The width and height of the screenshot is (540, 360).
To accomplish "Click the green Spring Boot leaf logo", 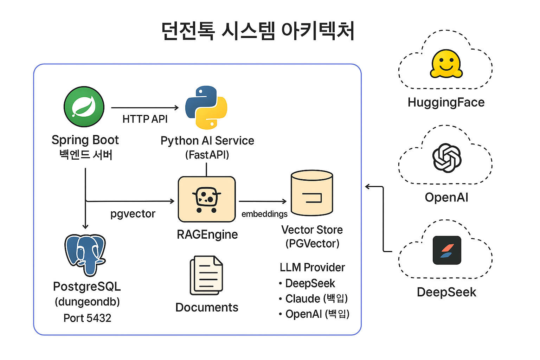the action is tap(84, 107).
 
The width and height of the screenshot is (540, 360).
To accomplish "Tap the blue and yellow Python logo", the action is tap(206, 108).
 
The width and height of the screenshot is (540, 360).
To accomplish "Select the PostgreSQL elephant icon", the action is tap(85, 255).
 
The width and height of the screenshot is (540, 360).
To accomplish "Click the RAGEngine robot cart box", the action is tap(207, 199).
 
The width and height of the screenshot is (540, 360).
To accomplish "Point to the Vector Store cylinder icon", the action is tap(312, 193).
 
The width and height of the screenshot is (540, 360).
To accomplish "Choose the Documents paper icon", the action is tap(206, 275).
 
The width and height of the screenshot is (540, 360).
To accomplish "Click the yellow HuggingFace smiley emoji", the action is tap(446, 64).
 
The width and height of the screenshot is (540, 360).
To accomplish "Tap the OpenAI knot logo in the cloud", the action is tap(447, 158).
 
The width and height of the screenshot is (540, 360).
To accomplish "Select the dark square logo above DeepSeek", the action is tap(447, 250).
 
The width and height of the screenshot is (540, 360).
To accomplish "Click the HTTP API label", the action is tap(145, 119).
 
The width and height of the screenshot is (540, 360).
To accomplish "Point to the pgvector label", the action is tap(133, 214).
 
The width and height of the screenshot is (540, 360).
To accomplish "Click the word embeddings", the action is tap(264, 214).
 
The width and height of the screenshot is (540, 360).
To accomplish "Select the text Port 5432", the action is tap(87, 318).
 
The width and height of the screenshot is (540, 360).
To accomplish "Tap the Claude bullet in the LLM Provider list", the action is tap(313, 298).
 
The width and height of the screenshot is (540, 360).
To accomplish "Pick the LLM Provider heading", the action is tap(312, 268).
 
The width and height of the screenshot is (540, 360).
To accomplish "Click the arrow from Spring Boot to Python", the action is tap(145, 108).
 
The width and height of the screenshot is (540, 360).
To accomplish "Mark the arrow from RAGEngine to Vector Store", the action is tap(263, 201).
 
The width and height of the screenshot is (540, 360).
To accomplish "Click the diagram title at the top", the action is tap(258, 31).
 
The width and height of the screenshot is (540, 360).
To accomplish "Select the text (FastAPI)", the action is tap(207, 155).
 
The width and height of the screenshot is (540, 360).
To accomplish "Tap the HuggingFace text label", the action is tap(446, 102).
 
